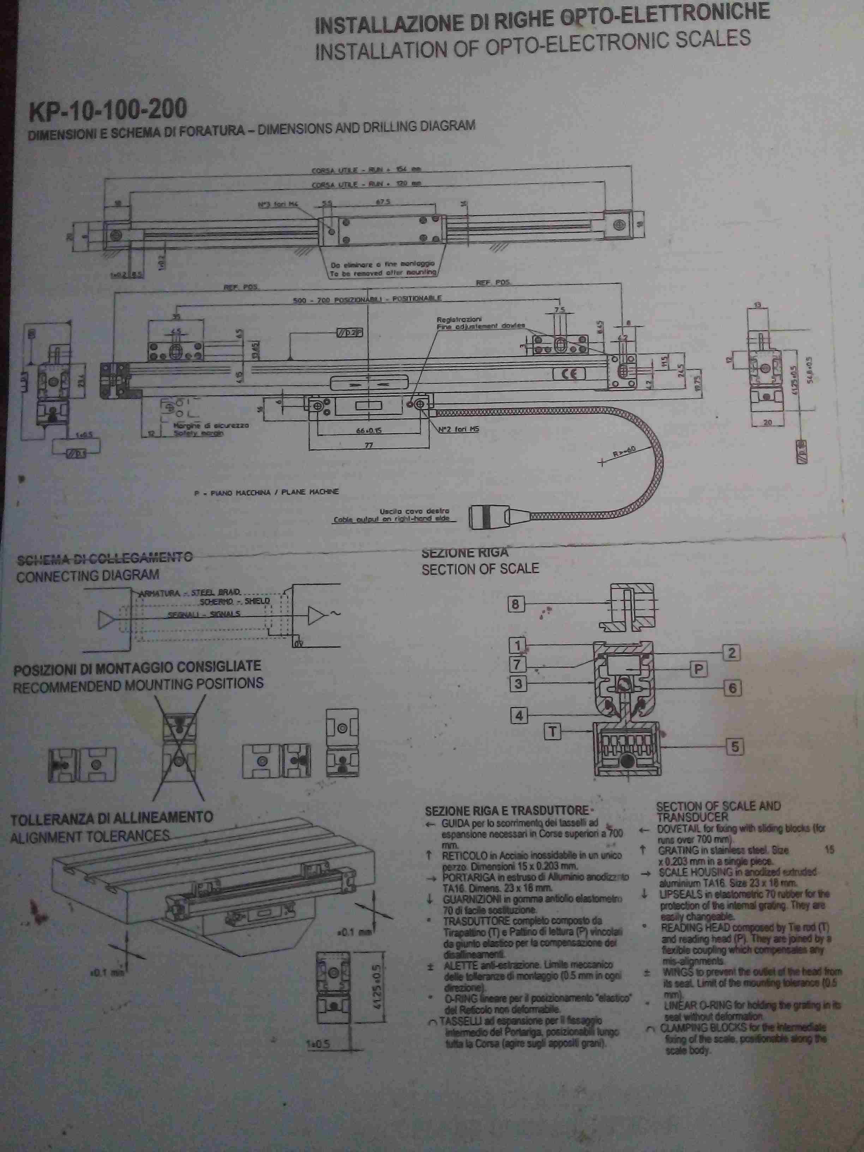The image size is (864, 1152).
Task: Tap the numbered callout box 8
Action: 516,604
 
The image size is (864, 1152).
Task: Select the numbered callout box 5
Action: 735,747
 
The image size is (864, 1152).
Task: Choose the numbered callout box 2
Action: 731,653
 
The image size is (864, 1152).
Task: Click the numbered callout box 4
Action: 519,715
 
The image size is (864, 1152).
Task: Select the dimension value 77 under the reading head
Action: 369,445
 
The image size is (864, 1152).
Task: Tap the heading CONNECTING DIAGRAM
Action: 88,575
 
